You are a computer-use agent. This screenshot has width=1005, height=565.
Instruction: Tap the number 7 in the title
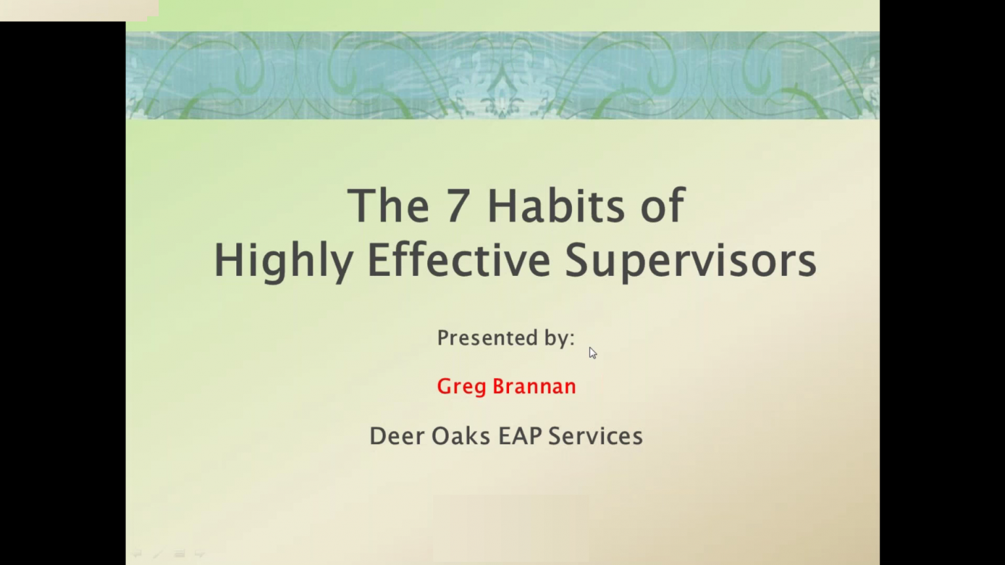point(458,206)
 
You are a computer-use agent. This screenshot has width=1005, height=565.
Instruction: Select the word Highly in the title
point(283,260)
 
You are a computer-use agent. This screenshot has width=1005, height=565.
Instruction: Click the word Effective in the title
point(459,260)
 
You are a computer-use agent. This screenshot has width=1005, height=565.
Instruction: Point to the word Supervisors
point(690,260)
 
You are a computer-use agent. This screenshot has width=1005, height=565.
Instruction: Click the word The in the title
point(387,206)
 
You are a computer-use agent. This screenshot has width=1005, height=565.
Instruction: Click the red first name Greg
point(461,387)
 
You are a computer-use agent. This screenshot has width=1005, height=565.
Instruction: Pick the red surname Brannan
point(534,386)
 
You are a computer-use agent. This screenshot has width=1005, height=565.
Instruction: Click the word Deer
point(397,436)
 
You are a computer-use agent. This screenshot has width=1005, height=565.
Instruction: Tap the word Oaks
point(461,436)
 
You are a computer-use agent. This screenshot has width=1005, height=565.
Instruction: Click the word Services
point(595,436)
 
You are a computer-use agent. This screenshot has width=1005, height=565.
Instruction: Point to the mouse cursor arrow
point(592,352)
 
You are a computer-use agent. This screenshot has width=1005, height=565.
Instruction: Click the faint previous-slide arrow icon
point(137,554)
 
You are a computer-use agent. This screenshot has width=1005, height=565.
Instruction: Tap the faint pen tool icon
point(157,554)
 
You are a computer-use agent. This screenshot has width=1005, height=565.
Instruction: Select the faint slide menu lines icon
point(179,554)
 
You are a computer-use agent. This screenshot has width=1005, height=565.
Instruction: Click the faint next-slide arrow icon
point(200,554)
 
